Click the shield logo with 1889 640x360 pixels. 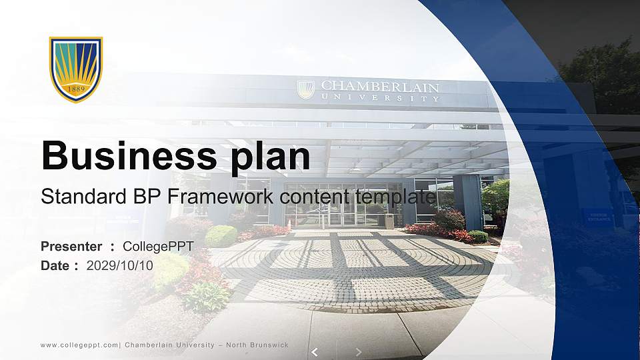tap(75, 69)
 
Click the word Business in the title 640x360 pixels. tap(119, 156)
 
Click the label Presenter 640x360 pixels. tap(71, 247)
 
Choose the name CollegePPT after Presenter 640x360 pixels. tap(158, 247)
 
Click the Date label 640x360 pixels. tap(55, 265)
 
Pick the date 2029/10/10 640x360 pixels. tap(120, 265)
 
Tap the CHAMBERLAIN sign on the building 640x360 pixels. tap(380, 87)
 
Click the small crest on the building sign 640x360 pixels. tap(306, 89)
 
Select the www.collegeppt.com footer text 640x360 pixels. tap(79, 345)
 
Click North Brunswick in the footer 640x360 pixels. tap(257, 345)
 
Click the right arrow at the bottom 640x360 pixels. tap(359, 351)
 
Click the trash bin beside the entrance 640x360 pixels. tap(389, 221)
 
